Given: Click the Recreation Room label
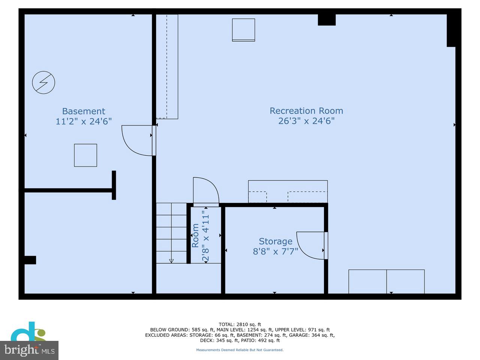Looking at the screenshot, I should click(306, 111).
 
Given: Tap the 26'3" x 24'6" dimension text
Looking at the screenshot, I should click(306, 121).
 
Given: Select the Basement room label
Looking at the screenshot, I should click(84, 111).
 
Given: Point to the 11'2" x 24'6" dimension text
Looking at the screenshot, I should click(84, 121).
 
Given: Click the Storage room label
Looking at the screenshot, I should click(275, 241).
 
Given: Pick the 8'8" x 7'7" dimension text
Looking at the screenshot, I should click(275, 251).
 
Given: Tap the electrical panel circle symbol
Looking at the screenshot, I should click(43, 82).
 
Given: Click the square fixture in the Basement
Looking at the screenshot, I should click(85, 155).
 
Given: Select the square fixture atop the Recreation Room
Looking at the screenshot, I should click(243, 30).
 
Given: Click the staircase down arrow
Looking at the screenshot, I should click(171, 261).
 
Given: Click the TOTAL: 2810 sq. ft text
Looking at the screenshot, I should click(240, 324).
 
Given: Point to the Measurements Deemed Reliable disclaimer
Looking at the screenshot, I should click(240, 350).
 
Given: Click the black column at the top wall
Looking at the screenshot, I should click(327, 20).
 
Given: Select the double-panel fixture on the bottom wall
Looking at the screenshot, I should click(386, 281).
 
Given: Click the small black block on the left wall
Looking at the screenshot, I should click(30, 260).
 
